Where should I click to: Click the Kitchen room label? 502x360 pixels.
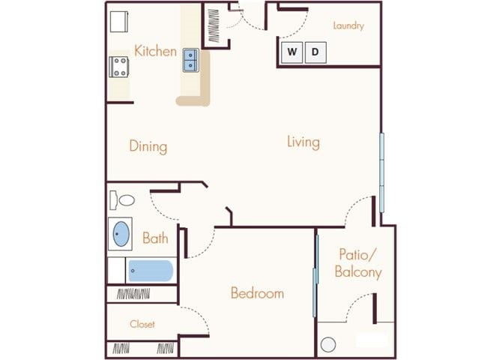click(x=156, y=51)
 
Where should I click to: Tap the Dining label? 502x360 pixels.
click(x=148, y=146)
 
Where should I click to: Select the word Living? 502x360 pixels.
click(x=303, y=141)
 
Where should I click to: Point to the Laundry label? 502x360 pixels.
click(x=348, y=25)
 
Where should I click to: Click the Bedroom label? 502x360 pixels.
click(x=257, y=292)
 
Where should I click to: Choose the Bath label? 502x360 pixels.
click(x=155, y=238)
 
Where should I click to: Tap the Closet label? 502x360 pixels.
click(x=142, y=324)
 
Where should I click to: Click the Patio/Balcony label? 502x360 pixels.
click(x=359, y=262)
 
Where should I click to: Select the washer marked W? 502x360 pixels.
click(x=292, y=52)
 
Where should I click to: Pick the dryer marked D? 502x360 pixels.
click(x=315, y=52)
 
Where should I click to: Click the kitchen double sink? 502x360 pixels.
click(x=190, y=59)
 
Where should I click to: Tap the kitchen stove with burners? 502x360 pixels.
click(x=121, y=67)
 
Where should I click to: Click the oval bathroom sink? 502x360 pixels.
click(x=120, y=234)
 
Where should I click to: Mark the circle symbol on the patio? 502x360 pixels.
click(x=327, y=345)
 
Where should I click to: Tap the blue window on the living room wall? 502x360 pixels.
click(x=382, y=172)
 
